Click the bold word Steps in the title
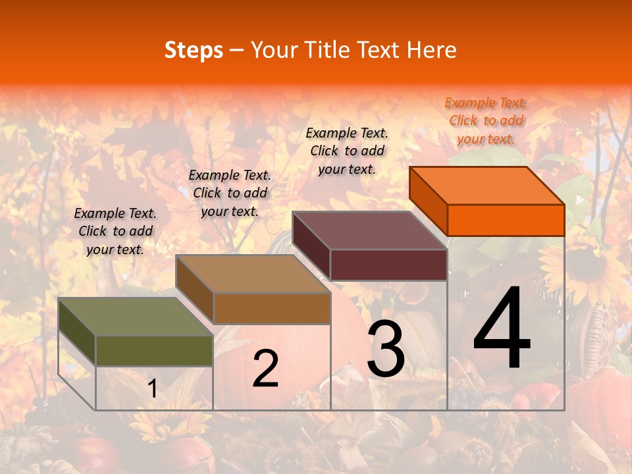click(194, 50)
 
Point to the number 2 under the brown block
click(265, 369)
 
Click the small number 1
click(153, 388)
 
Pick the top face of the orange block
click(487, 185)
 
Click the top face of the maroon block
click(369, 230)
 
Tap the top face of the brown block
click(253, 274)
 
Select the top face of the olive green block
click(136, 317)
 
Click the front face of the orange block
click(506, 220)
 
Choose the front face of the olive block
click(154, 350)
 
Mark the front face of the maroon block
click(388, 265)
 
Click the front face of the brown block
click(272, 308)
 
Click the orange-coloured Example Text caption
click(486, 120)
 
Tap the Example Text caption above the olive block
click(115, 231)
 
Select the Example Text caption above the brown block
click(230, 193)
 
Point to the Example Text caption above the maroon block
click(347, 151)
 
